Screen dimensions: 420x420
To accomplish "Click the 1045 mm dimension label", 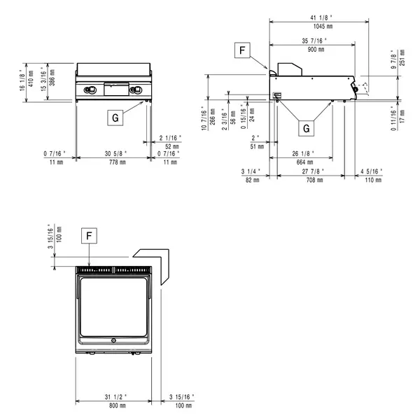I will (319, 26).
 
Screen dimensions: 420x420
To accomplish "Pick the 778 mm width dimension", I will (113, 162).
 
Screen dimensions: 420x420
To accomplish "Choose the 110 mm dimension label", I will (373, 180).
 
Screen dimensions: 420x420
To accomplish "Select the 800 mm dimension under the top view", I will (113, 405).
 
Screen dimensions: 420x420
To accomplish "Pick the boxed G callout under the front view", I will (114, 118).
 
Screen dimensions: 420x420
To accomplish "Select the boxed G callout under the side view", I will (305, 127).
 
